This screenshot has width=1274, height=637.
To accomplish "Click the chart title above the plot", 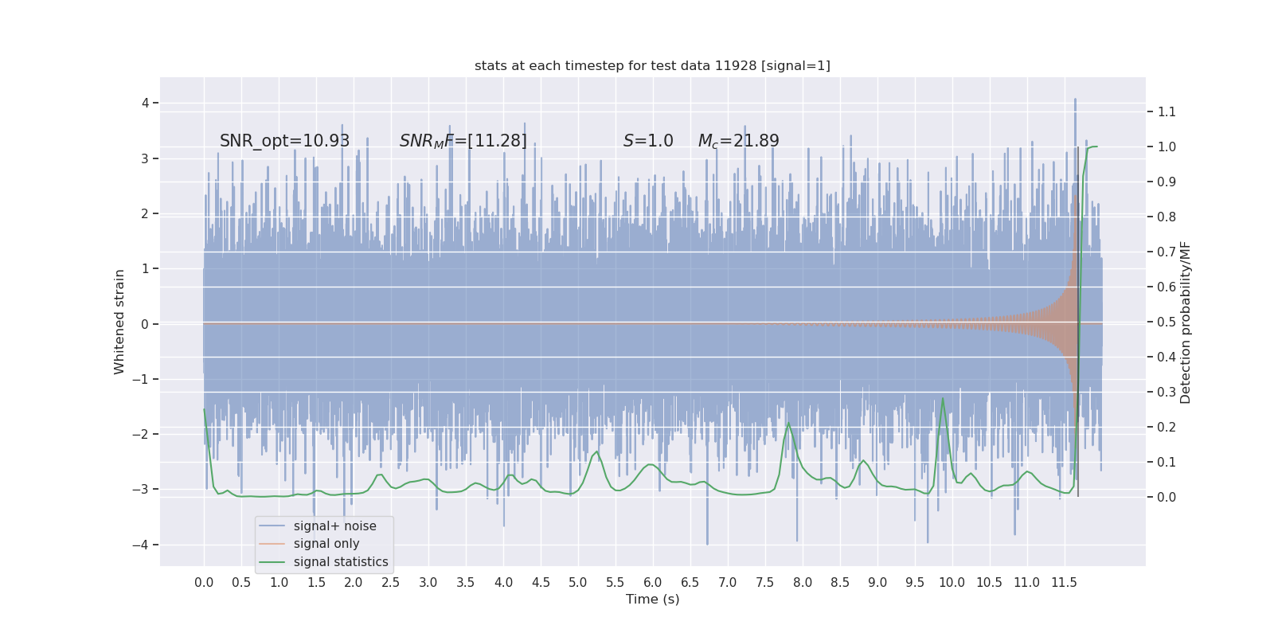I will click(652, 65).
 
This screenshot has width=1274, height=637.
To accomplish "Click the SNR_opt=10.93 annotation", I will click(284, 141).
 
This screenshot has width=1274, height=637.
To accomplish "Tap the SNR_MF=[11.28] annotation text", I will click(463, 141).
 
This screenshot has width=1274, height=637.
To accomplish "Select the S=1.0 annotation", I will click(648, 141).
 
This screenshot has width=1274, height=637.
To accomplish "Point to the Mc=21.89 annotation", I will click(738, 141).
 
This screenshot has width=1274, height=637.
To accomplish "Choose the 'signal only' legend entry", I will click(326, 544).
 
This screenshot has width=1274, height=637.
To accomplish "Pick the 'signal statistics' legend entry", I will click(340, 562).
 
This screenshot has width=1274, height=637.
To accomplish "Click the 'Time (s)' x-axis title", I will click(652, 600).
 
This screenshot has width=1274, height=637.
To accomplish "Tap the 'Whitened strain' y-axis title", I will click(119, 322).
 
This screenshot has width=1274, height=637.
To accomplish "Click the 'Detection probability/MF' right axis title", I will click(1186, 322).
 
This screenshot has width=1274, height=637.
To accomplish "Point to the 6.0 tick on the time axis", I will click(653, 583).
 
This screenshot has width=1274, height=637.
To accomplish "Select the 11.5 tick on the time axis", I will click(1064, 583).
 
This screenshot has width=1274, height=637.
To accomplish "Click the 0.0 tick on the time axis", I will click(204, 583).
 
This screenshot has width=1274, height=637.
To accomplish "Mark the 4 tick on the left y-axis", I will click(146, 103).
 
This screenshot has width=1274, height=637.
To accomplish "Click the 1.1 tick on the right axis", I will click(1167, 111).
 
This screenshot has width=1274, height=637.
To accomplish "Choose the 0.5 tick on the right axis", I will click(1167, 322).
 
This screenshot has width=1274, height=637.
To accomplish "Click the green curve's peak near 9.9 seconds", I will click(943, 399).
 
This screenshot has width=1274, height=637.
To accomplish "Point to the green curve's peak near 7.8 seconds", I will click(789, 423).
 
